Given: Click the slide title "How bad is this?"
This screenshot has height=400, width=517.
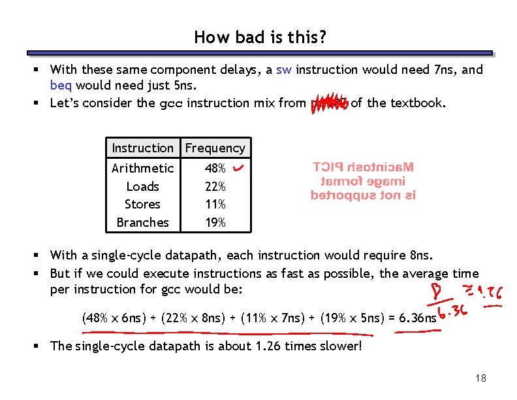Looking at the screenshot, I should [x=260, y=37].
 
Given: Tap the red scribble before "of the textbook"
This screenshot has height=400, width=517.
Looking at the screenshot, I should [x=330, y=103].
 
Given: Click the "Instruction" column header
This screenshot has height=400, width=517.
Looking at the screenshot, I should [x=142, y=148].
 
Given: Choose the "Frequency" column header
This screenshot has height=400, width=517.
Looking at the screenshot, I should [x=215, y=148].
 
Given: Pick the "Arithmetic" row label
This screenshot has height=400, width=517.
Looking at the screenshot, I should [x=142, y=169].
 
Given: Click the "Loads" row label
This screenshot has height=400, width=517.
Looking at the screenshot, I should [x=142, y=186].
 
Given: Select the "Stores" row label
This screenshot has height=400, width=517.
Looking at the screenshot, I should [x=142, y=204].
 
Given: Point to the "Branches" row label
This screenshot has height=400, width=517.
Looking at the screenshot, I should [x=142, y=222].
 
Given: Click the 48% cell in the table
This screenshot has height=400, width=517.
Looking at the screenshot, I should [x=215, y=169].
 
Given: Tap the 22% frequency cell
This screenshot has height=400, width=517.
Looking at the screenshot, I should [x=215, y=186].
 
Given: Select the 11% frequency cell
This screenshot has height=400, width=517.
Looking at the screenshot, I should [x=215, y=204].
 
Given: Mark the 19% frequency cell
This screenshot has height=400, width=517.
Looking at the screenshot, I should [x=215, y=222].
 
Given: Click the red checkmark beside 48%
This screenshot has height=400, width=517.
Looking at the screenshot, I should [x=238, y=169].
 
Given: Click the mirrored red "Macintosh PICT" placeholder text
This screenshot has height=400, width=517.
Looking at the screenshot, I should [x=363, y=181].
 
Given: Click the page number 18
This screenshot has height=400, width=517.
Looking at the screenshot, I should [x=481, y=378].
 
